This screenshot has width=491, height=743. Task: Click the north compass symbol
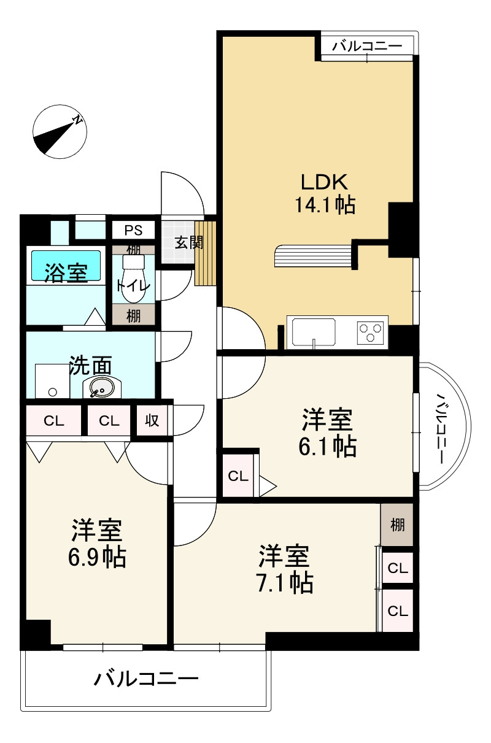click(60, 131)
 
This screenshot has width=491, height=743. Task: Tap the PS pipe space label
click(133, 230)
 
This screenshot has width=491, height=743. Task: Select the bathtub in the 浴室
click(66, 266)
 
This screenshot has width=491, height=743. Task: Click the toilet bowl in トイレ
click(133, 279)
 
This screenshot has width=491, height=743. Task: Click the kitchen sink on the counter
click(314, 332)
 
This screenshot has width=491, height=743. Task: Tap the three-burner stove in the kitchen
click(371, 333)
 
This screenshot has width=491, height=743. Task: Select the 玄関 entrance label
click(189, 242)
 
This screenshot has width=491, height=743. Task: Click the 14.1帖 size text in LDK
click(325, 205)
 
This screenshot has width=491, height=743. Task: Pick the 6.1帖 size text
click(328, 447)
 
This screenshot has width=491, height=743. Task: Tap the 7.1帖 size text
click(285, 583)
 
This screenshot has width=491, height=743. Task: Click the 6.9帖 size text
click(97, 557)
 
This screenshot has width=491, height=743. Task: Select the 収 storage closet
click(152, 421)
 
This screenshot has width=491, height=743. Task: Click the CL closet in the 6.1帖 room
click(238, 476)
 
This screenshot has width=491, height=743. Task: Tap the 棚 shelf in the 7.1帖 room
click(396, 525)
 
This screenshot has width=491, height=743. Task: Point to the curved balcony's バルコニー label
click(441, 428)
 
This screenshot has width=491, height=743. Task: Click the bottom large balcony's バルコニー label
click(146, 679)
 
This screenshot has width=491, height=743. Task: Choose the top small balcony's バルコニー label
click(367, 46)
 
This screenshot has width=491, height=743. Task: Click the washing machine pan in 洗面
click(52, 381)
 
